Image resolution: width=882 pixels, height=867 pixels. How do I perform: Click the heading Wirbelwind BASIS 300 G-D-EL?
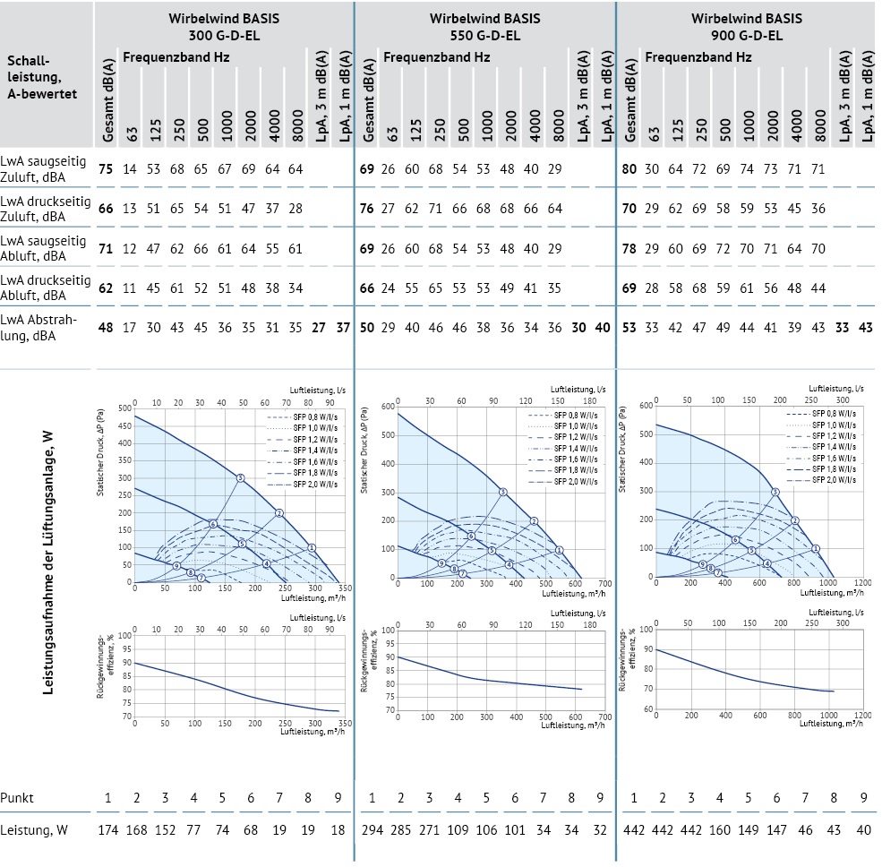coord(223,27)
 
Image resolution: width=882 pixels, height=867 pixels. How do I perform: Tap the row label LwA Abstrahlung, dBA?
coord(40,327)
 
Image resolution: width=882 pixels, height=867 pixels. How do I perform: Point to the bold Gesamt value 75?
coord(106,168)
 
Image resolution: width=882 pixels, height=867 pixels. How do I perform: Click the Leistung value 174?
coord(107,830)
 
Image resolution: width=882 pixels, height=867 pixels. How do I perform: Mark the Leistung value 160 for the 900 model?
coord(719,830)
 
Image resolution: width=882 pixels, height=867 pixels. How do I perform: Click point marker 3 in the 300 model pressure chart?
coord(241,478)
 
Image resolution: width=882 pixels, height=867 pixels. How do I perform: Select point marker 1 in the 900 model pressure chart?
coord(816,548)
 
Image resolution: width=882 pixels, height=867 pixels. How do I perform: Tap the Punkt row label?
coord(18,798)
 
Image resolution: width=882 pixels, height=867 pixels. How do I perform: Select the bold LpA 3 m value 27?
coord(319,327)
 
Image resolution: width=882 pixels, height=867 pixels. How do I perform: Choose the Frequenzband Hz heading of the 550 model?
coord(437,57)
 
